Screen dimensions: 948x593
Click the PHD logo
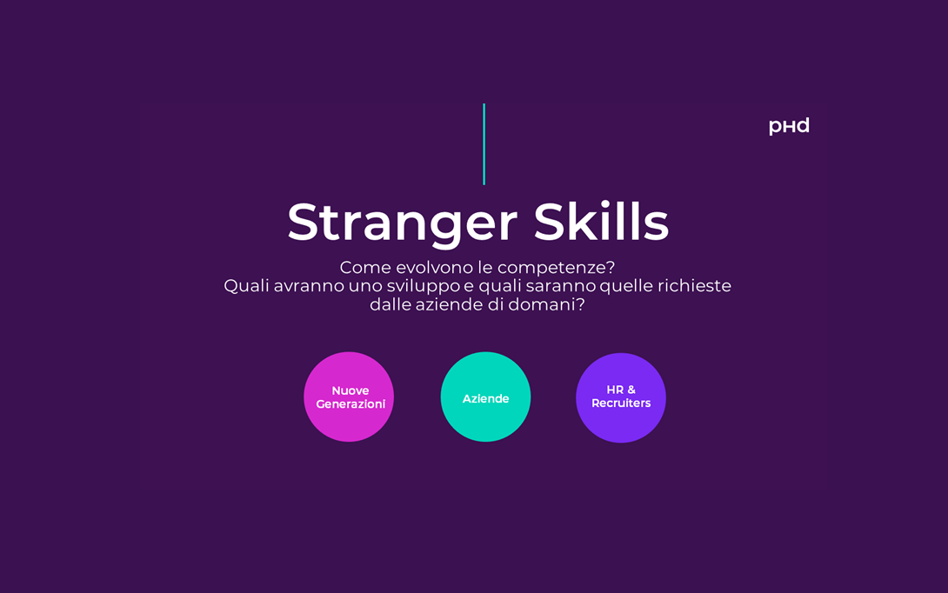coord(788,126)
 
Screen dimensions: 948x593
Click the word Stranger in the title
coord(402,224)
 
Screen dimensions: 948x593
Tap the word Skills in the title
coord(601,222)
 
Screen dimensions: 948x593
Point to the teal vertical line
coord(484,143)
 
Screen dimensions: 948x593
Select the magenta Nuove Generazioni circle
coord(349,396)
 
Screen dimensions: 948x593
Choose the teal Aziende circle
coord(485,396)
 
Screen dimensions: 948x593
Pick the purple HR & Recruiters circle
coord(621,397)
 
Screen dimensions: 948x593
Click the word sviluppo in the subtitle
coord(424,287)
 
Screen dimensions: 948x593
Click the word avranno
coord(309,287)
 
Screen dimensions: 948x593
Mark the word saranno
coord(560,287)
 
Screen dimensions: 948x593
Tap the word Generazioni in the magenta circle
coord(350,403)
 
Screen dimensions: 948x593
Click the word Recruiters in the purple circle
coord(621,403)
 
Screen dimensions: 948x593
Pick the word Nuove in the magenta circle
coord(350,390)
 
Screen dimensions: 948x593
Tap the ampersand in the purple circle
coord(631,390)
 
